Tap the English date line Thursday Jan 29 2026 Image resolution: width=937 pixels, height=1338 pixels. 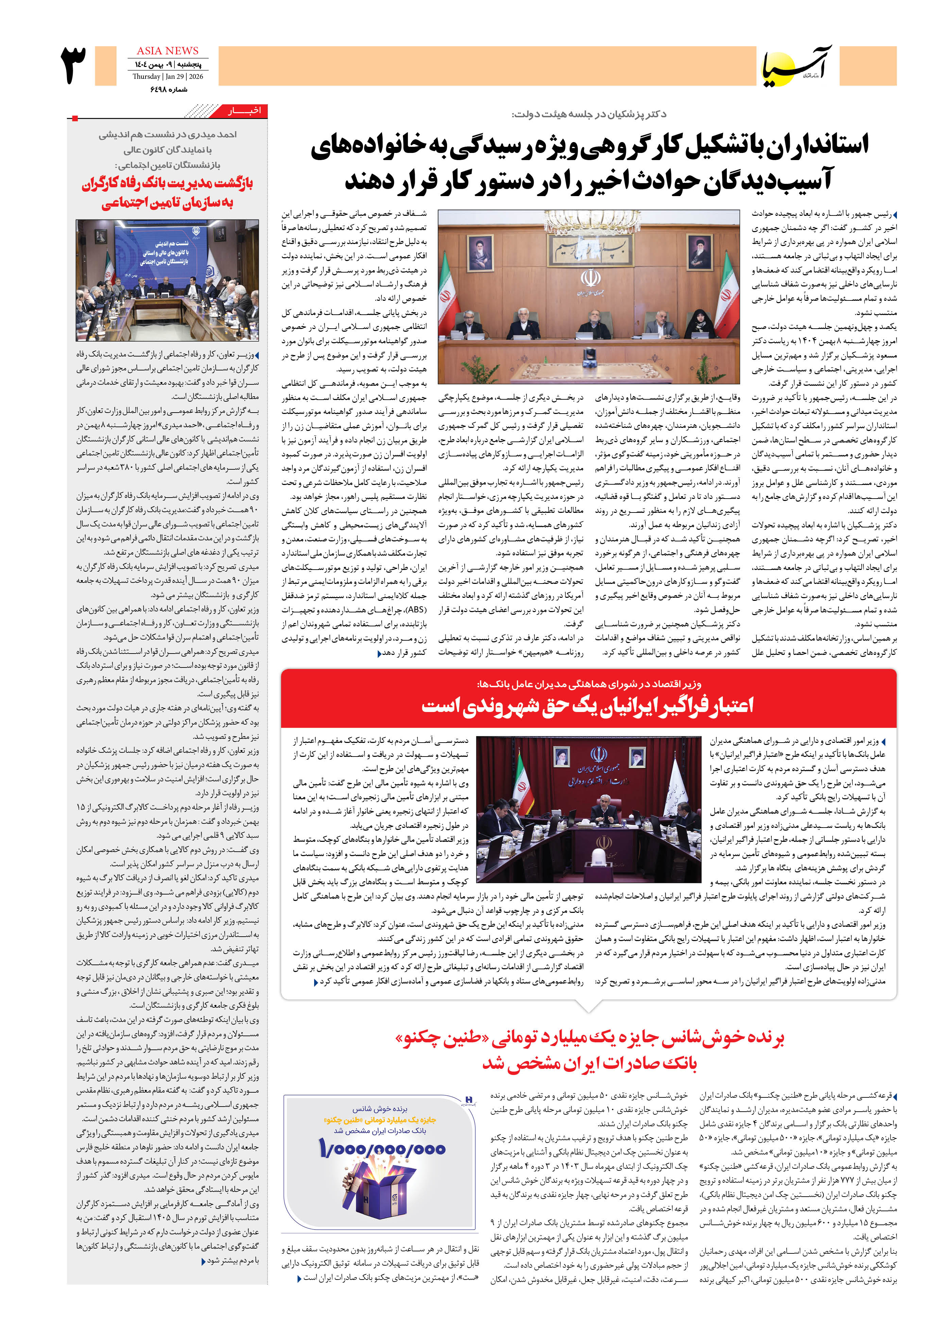tap(168, 76)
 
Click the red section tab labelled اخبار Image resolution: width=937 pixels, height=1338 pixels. tap(244, 111)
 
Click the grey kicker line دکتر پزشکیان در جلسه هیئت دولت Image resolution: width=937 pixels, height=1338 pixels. tap(589, 114)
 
